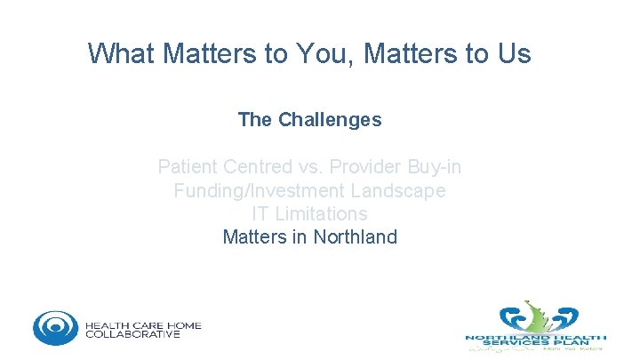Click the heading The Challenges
[309, 119]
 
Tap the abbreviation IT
[262, 214]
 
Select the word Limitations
[323, 214]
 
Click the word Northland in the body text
[356, 237]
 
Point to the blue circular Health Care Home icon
[55, 328]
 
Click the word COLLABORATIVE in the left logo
[132, 334]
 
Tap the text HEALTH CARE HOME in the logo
[143, 324]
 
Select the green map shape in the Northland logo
[536, 316]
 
